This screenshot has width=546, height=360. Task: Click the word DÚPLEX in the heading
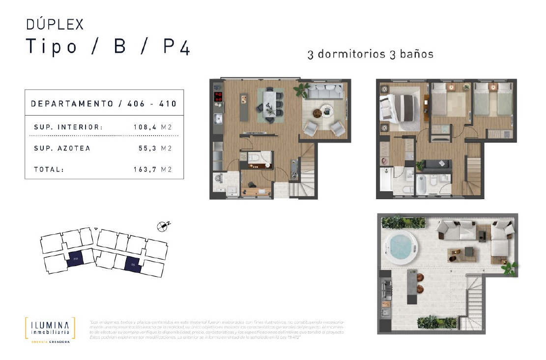pos(55,24)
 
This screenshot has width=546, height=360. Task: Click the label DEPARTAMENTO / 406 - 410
pos(104,104)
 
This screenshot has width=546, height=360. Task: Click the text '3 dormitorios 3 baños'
pos(370,54)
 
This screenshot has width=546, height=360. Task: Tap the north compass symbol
pos(163,226)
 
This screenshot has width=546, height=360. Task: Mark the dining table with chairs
pos(269,103)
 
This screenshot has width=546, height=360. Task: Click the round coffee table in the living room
pos(326,110)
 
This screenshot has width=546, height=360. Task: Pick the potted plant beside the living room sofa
pos(300,90)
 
